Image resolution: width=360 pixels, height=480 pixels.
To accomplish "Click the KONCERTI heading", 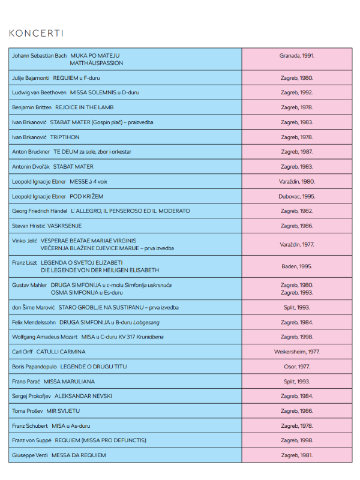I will (x=36, y=33).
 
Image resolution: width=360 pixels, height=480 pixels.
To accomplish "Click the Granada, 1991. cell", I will (x=296, y=56).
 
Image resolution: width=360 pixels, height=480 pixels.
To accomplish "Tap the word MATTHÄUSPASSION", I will (x=96, y=63).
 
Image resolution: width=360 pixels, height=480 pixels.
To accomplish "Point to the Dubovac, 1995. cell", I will (x=296, y=196).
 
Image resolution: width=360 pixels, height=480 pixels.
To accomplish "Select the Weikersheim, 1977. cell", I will (x=296, y=352).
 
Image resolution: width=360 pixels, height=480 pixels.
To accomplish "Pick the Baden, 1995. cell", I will (x=296, y=266).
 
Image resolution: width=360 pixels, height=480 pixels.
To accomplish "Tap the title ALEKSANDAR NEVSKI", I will (x=83, y=396).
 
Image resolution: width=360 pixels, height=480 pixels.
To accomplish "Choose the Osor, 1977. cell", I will (x=296, y=367).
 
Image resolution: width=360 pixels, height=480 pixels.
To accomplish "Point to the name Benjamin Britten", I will (x=32, y=107).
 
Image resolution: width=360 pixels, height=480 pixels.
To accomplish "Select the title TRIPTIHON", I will (x=65, y=137).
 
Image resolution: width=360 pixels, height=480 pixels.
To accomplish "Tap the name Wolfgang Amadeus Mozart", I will (x=44, y=337).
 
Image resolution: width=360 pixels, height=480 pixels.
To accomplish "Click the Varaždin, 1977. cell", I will (x=296, y=245).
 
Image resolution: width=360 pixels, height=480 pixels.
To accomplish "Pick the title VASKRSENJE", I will (x=64, y=226).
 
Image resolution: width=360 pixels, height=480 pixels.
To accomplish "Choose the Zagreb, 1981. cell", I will (x=296, y=455).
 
